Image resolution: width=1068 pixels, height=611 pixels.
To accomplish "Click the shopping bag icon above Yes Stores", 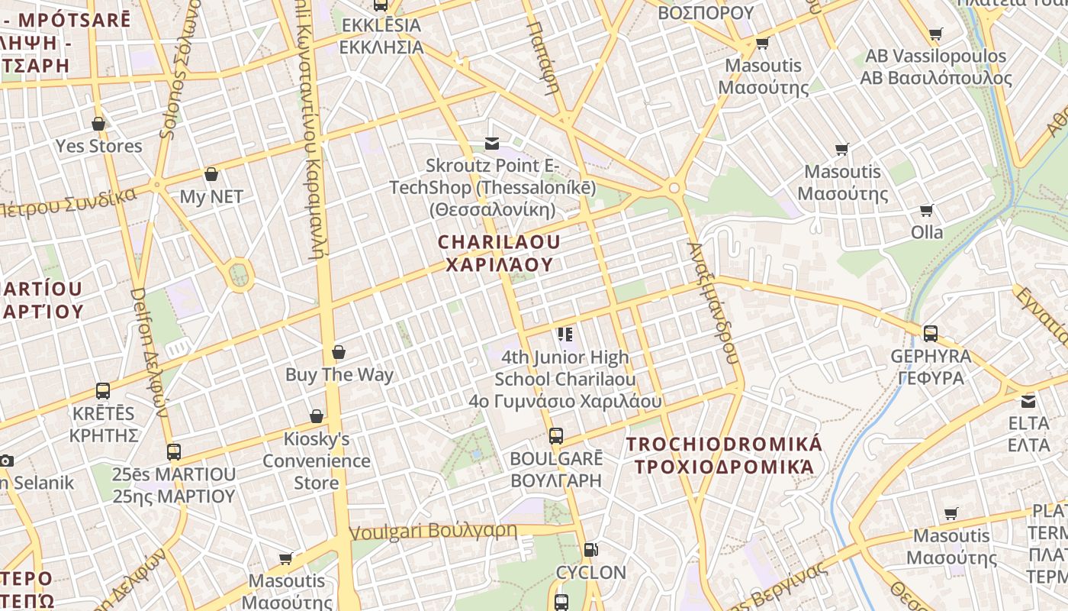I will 98,124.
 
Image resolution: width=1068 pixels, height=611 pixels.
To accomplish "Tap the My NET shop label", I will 211,196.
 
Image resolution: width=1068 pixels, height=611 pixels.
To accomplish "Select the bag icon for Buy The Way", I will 339,352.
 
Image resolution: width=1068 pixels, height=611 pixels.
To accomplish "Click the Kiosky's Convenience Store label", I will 317,461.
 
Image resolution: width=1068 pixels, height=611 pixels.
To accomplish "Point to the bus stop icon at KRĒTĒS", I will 103,391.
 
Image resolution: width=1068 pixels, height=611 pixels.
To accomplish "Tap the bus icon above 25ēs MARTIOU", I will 174,451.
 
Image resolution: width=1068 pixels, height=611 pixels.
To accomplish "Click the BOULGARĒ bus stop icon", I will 556,437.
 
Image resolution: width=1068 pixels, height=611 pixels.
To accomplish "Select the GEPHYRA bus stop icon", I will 931,334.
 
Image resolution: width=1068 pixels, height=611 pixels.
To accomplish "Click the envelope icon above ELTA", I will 1028,401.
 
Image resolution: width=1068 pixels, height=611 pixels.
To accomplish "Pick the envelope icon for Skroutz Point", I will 492,143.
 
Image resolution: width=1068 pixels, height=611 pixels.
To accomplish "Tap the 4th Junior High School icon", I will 565,334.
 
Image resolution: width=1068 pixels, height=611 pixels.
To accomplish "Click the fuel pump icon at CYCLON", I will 590,550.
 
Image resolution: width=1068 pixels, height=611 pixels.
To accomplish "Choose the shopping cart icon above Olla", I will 926,210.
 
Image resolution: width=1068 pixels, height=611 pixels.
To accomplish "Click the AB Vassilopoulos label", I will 936,67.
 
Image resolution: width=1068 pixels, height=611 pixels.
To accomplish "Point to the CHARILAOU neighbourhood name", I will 499,253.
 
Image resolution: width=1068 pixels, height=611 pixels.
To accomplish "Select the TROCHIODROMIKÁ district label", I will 724,455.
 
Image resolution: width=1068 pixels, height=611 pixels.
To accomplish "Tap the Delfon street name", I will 149,351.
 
